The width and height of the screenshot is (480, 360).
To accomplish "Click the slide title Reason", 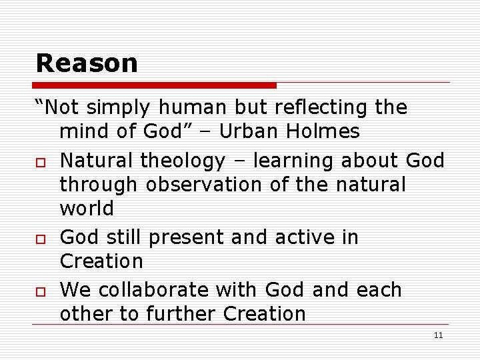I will pyautogui.click(x=87, y=63).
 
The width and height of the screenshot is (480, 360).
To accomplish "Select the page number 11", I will pyautogui.click(x=438, y=335).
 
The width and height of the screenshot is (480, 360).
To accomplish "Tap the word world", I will pyautogui.click(x=87, y=209).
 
